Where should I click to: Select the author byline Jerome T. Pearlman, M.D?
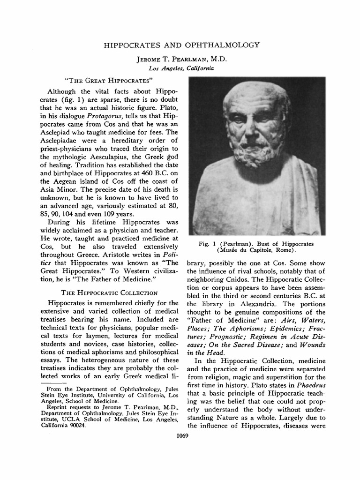(x=180, y=60)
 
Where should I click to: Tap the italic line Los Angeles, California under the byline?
(x=180, y=68)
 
